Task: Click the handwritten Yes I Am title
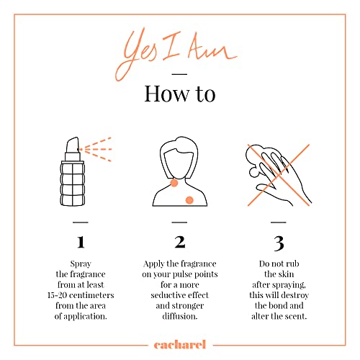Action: click(176, 54)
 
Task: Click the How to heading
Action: click(180, 94)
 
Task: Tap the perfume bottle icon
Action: click(72, 171)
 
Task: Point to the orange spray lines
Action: click(96, 149)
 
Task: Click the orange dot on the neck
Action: click(174, 184)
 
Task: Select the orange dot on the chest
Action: click(189, 200)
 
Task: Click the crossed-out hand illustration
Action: click(279, 175)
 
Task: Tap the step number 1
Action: click(81, 242)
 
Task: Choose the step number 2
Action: click(180, 242)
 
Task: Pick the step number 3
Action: click(279, 243)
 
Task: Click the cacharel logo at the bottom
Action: click(180, 345)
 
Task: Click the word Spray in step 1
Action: click(81, 264)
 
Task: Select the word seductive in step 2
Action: click(168, 295)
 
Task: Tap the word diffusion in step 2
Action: click(180, 316)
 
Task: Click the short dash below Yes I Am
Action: click(179, 74)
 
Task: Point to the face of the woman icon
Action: click(179, 164)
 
